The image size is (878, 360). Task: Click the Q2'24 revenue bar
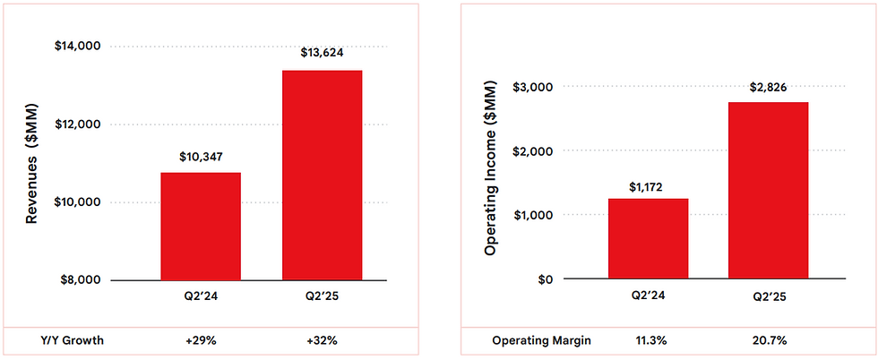[x=201, y=227]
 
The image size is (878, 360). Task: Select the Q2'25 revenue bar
[x=322, y=176]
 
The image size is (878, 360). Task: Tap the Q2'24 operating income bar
[x=648, y=238]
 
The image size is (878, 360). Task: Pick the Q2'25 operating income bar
[x=769, y=190]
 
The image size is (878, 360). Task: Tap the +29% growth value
[x=201, y=341]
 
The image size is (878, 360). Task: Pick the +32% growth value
[x=322, y=341]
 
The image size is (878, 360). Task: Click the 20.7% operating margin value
[x=769, y=341]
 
